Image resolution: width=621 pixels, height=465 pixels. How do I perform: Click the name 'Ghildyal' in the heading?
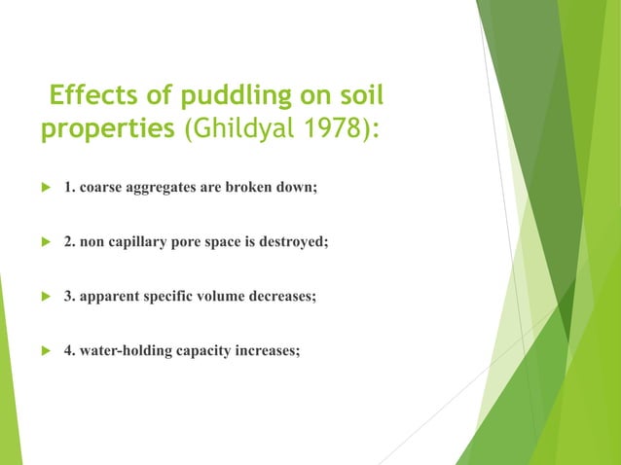(237, 132)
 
